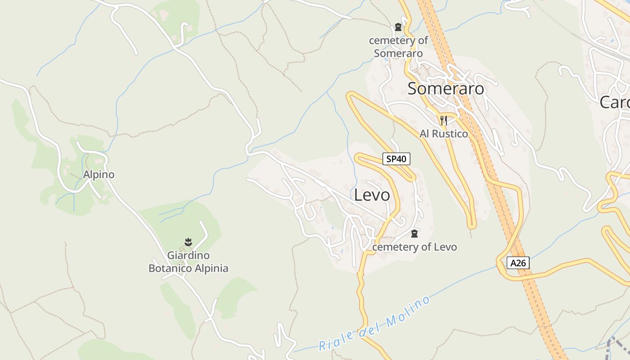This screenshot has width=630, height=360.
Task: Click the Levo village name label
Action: pos(372,195)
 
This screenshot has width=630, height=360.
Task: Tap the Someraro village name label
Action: pos(445,89)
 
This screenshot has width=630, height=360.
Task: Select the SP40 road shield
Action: pos(396,159)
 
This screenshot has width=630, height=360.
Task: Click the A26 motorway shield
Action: pos(518,263)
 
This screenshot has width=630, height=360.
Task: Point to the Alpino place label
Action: pos(99,175)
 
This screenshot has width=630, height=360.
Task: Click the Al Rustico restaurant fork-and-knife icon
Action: pos(444,120)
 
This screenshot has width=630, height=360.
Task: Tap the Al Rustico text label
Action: pos(444,134)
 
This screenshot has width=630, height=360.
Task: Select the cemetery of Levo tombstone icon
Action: pos(414,234)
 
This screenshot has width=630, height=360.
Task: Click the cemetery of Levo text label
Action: pos(414,247)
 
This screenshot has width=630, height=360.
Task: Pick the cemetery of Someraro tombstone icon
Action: pos(398,27)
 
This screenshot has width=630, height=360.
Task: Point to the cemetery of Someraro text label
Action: pos(398,47)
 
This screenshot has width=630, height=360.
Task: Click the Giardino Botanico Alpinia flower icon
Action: pos(189,243)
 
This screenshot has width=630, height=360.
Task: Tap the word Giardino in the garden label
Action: pos(188,256)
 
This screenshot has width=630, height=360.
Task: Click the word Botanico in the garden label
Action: pos(170,269)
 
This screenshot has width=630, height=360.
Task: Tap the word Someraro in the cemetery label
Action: pos(398,54)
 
